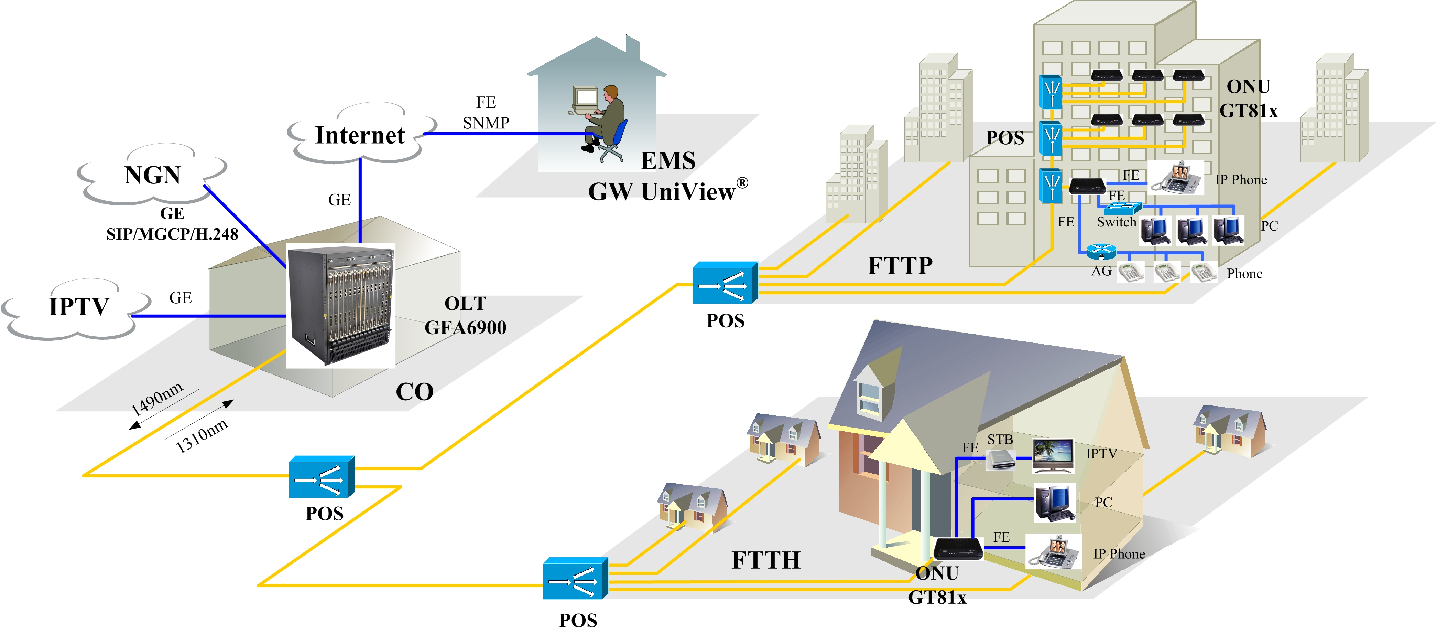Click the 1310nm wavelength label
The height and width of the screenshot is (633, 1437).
[202, 435]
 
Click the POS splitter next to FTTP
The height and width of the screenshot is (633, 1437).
[725, 283]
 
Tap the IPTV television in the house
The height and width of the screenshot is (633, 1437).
[1053, 455]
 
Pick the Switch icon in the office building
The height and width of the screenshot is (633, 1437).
[1122, 208]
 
